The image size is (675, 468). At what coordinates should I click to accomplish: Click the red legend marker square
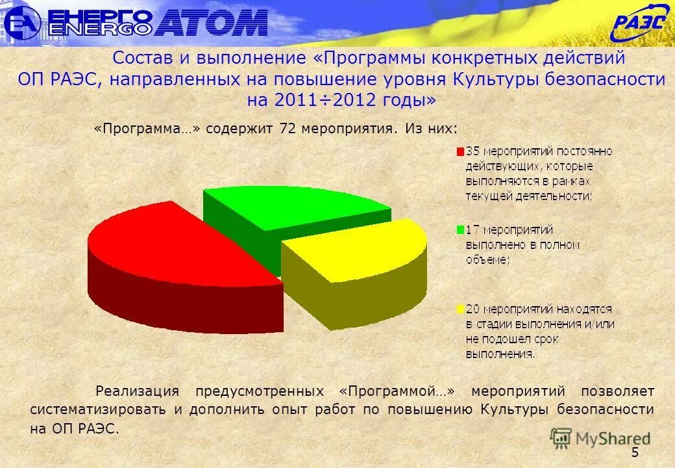pyautogui.click(x=461, y=151)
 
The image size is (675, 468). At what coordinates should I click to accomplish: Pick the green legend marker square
pyautogui.click(x=461, y=230)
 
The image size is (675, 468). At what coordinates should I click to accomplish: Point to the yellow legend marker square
pyautogui.click(x=461, y=308)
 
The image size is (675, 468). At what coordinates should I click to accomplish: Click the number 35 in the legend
pyautogui.click(x=472, y=151)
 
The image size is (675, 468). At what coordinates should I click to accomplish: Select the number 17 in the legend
pyautogui.click(x=472, y=230)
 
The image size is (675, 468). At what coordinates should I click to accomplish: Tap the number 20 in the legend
pyautogui.click(x=473, y=308)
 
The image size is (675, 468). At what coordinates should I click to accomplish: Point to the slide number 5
pyautogui.click(x=635, y=453)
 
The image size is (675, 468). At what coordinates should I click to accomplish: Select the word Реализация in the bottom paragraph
pyautogui.click(x=137, y=391)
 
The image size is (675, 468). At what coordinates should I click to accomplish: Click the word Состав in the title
pyautogui.click(x=143, y=58)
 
